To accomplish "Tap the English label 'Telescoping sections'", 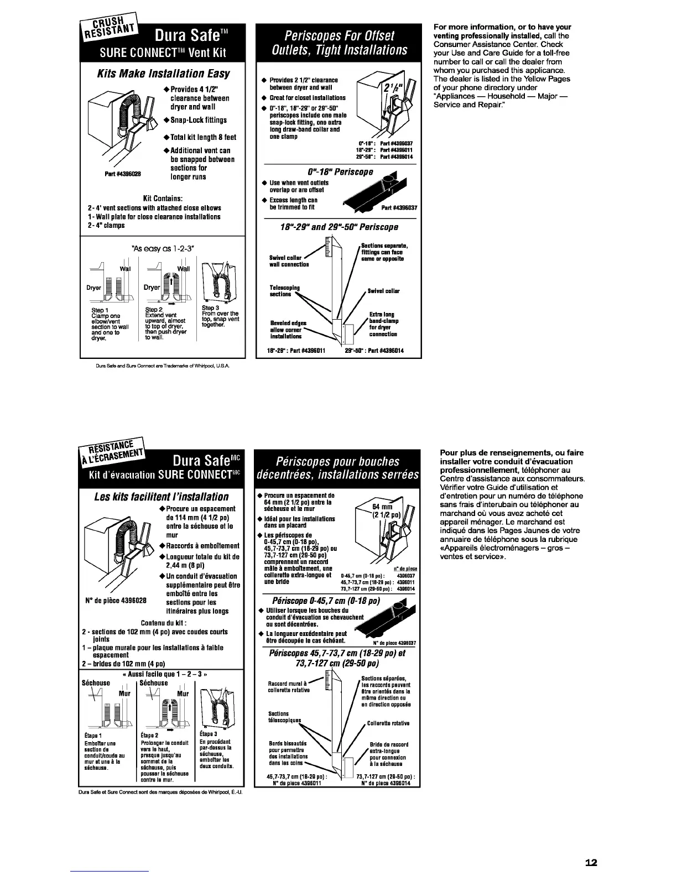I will tap(284, 291).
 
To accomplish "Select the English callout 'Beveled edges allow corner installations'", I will tap(288, 330).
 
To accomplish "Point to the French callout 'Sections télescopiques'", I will tap(284, 717).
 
